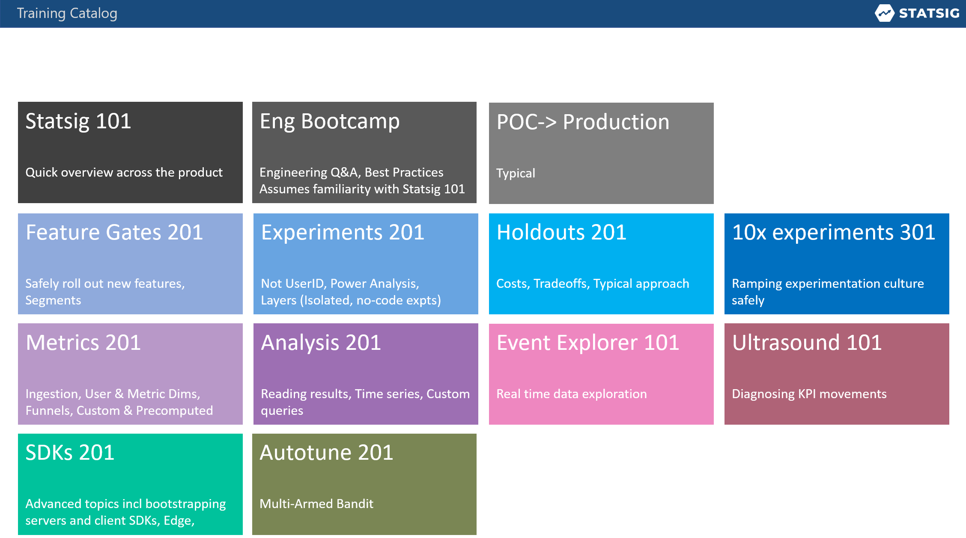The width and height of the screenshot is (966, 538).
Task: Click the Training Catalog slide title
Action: (x=67, y=13)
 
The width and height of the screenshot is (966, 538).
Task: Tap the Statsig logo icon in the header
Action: (x=884, y=13)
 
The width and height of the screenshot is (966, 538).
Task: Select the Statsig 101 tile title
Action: (x=78, y=121)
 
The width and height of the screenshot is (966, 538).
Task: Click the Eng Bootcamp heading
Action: (x=329, y=121)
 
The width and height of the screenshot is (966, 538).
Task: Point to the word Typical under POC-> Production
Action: (x=516, y=173)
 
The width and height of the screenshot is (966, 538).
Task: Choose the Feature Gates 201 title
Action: (x=114, y=233)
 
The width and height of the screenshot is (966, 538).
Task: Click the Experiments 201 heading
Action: (x=343, y=233)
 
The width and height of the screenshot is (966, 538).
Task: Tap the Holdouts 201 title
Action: (x=561, y=233)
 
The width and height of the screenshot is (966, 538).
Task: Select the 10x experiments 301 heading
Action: (x=833, y=233)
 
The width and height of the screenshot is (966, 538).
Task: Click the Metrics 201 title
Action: (x=83, y=343)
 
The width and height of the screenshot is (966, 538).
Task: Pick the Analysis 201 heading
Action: (x=321, y=343)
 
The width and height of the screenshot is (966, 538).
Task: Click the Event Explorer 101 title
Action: (x=587, y=343)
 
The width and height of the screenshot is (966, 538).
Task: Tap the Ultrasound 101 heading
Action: (x=807, y=343)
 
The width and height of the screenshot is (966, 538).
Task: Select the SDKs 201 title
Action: (x=70, y=453)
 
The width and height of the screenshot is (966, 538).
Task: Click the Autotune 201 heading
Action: (x=326, y=453)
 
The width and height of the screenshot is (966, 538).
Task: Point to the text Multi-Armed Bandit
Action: (x=316, y=504)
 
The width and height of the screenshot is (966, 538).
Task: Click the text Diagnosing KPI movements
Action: (x=809, y=394)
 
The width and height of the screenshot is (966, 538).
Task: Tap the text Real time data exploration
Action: (x=571, y=394)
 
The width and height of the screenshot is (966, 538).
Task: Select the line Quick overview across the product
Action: (x=124, y=172)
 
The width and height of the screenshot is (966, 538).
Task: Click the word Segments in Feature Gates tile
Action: (x=53, y=300)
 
